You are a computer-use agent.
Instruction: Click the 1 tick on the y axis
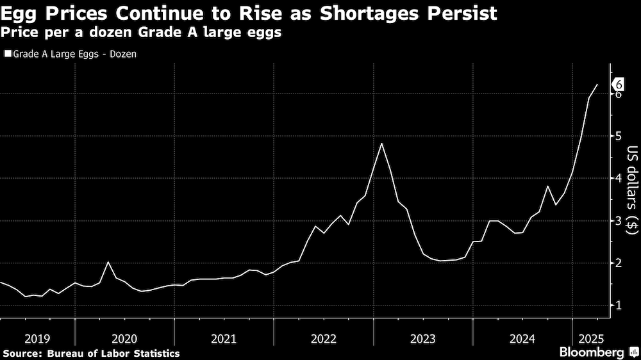[x=619, y=305]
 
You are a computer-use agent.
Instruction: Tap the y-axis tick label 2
[x=619, y=263]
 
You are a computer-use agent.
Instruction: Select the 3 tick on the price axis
[x=619, y=220]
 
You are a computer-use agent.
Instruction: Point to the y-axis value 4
[x=619, y=178]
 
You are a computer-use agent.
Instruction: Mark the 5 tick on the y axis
[x=619, y=136]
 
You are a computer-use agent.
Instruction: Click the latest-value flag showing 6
[x=619, y=84]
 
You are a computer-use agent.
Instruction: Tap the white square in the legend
[x=8, y=54]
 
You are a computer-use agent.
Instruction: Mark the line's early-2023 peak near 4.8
[x=381, y=143]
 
